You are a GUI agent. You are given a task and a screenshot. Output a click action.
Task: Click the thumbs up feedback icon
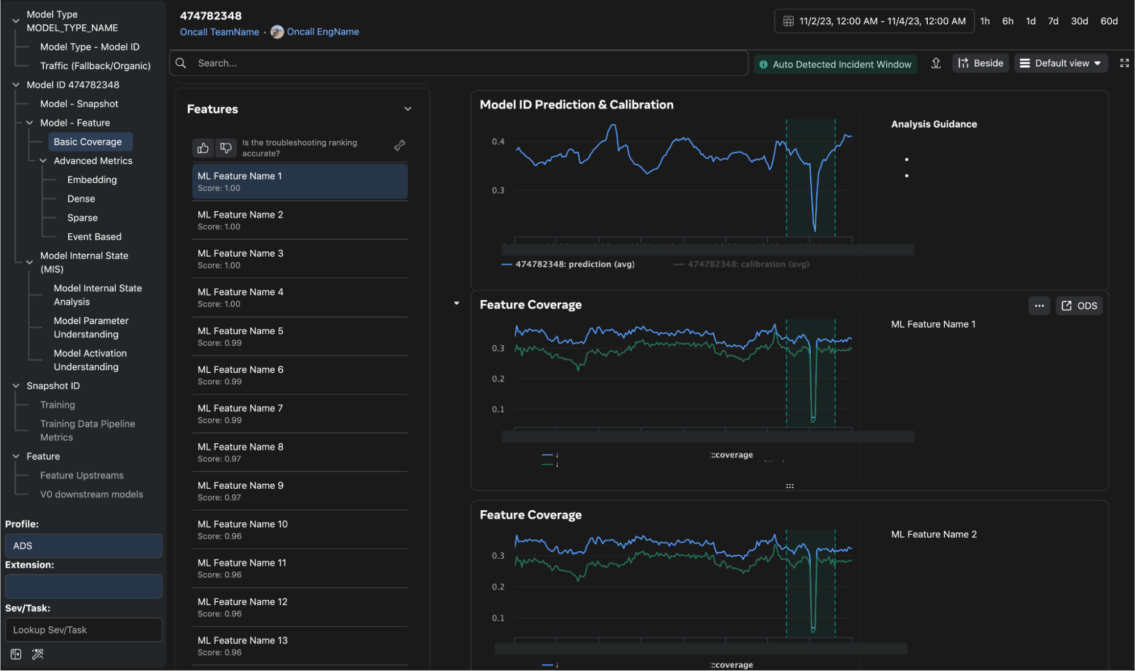[x=203, y=148]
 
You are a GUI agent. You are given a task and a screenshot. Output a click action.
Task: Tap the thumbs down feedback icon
[x=226, y=148]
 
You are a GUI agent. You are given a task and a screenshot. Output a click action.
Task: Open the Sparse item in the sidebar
[x=82, y=218]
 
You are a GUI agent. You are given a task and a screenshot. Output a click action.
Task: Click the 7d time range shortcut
[x=1053, y=21]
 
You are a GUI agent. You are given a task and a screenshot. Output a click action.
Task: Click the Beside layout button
[x=981, y=63]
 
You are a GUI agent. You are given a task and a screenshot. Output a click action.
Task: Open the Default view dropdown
[x=1061, y=63]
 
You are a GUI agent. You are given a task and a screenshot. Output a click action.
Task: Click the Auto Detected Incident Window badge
[x=835, y=64]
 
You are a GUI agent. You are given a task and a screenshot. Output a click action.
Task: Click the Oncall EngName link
[x=323, y=32]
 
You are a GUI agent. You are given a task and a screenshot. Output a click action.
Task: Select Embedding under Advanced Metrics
[x=92, y=180]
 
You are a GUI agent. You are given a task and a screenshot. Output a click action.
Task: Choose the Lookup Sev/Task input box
[x=83, y=630]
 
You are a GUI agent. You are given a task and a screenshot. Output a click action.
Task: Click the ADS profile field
[x=83, y=546]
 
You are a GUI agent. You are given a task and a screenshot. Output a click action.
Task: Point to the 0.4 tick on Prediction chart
[x=498, y=141]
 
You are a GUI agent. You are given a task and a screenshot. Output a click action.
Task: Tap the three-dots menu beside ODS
[x=1039, y=305]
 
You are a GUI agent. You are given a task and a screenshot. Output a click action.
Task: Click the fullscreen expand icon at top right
[x=1124, y=63]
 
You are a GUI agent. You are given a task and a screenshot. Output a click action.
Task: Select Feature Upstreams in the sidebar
[x=82, y=475]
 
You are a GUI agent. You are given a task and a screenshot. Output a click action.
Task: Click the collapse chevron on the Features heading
[x=408, y=109]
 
